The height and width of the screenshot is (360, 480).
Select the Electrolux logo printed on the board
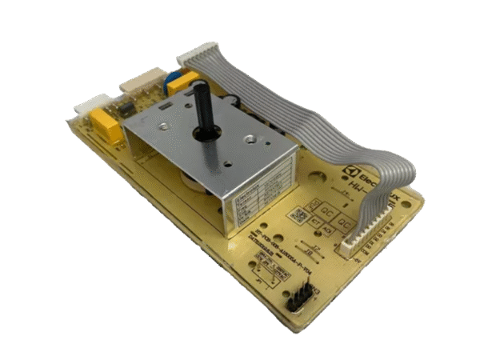point(377,173)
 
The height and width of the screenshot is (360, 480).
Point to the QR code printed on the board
point(298,215)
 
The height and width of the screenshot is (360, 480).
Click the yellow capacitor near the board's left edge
point(106,126)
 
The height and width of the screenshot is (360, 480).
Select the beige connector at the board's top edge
point(141,82)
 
